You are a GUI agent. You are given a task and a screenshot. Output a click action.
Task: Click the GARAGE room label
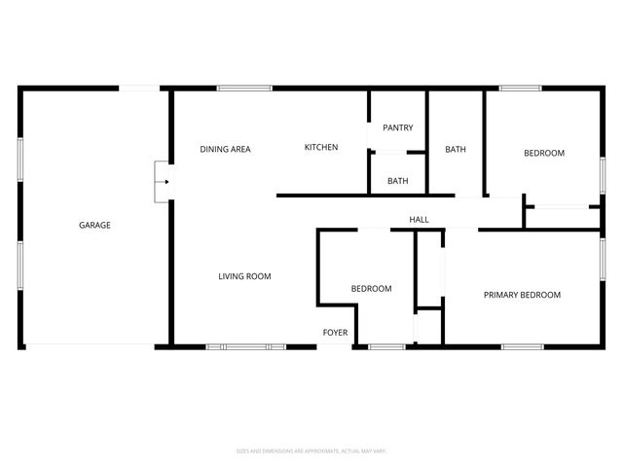[x=94, y=225]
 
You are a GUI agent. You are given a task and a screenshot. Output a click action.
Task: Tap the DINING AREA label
[x=225, y=149]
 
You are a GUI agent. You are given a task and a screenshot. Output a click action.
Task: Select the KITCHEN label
[x=321, y=147]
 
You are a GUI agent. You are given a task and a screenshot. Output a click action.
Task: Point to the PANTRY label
[x=397, y=127]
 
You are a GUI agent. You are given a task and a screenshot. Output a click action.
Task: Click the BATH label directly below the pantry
[x=397, y=181]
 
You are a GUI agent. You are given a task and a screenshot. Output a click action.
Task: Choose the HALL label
[x=419, y=220]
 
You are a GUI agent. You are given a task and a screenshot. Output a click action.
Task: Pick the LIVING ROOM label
[x=243, y=276]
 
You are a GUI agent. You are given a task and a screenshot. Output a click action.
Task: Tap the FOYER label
[x=335, y=333]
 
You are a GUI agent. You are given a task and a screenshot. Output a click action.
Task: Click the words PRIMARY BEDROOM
[x=522, y=295]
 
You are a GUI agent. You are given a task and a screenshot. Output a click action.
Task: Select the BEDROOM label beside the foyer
[x=371, y=288]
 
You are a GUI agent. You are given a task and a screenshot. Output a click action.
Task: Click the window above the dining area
[x=244, y=89]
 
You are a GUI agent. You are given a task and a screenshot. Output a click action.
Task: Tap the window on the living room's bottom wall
[x=245, y=346]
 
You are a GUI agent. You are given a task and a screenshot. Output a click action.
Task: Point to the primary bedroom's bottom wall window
[x=522, y=346]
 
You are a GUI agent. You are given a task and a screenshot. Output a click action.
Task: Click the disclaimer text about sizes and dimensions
[x=311, y=450]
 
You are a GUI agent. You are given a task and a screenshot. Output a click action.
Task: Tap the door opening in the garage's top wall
[x=140, y=89]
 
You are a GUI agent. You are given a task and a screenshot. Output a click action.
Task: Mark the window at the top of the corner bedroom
[x=520, y=89]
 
